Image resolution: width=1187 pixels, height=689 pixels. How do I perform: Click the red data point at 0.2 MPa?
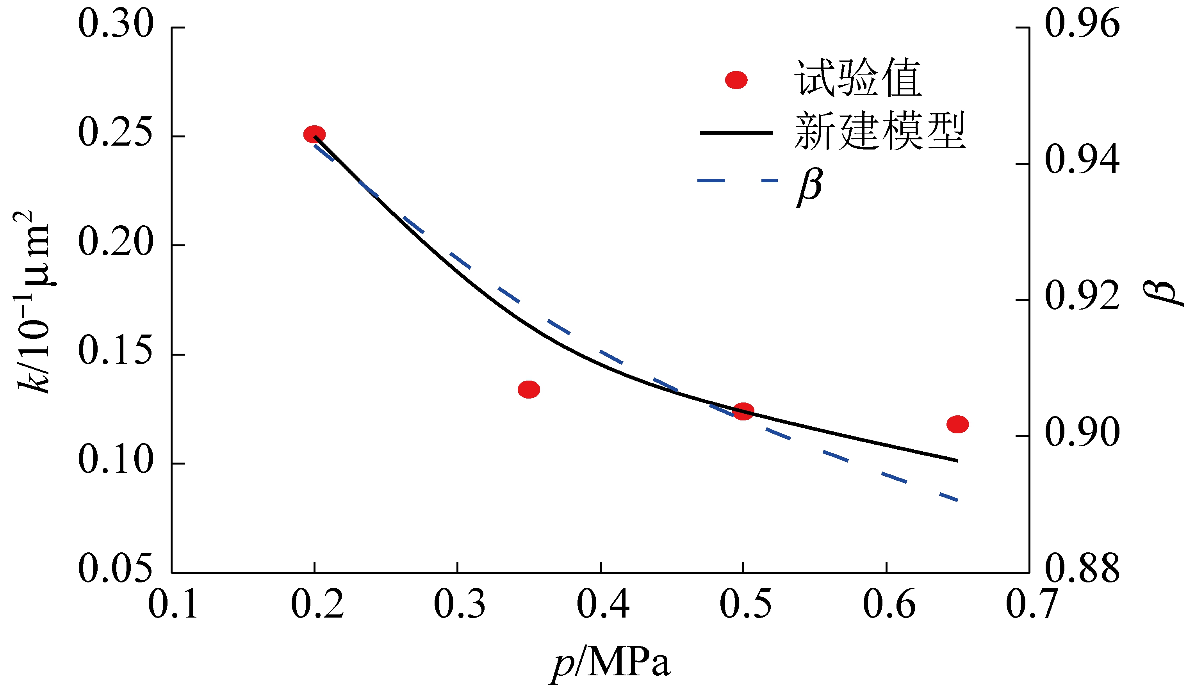[314, 134]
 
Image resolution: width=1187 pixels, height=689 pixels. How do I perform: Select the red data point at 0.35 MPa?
[529, 390]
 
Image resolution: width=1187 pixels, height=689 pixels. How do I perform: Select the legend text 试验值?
[857, 78]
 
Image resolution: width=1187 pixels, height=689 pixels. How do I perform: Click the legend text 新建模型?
[880, 131]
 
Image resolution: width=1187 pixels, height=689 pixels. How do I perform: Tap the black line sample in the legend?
[736, 133]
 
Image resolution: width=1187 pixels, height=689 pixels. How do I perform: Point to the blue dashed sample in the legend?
[737, 180]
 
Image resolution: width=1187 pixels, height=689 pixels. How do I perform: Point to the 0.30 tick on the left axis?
[116, 23]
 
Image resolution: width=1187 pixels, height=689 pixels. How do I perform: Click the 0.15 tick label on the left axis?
[116, 351]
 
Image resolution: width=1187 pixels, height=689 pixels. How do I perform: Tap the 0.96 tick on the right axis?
[1082, 23]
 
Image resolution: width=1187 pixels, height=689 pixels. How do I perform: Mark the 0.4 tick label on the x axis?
[603, 604]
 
